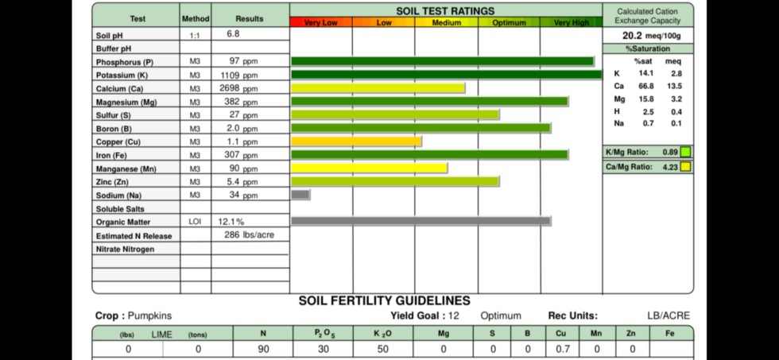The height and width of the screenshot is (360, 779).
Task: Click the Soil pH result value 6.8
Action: (x=233, y=34)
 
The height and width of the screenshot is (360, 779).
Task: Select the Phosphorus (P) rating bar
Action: (x=443, y=61)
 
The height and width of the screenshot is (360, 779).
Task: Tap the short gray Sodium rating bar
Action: (x=300, y=195)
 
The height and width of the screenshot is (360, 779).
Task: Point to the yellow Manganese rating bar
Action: (x=370, y=168)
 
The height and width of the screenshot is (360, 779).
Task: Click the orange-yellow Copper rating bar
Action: (x=357, y=141)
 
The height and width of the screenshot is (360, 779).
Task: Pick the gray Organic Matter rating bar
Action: (x=421, y=221)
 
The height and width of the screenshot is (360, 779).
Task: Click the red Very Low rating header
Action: (x=321, y=23)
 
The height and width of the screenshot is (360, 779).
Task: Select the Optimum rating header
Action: (x=509, y=23)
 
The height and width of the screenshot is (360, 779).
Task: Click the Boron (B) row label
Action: (x=114, y=129)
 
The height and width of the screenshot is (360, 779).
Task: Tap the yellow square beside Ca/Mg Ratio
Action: (x=685, y=167)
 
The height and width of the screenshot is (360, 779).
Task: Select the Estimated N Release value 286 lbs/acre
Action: (x=249, y=235)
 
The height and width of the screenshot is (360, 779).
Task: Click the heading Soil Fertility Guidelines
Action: (x=384, y=301)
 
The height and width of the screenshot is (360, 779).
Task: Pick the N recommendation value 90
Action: (x=263, y=349)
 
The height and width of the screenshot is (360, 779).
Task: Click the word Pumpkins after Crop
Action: (x=149, y=315)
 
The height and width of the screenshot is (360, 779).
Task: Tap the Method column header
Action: (x=195, y=18)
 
